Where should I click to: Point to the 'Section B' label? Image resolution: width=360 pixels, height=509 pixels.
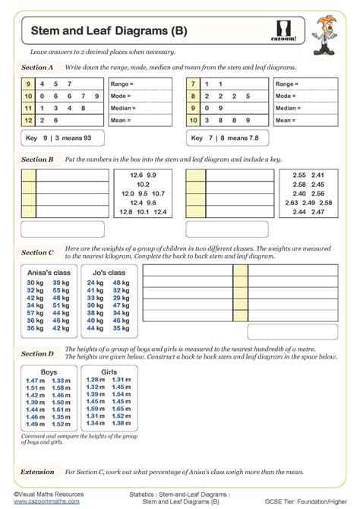coord(37,160)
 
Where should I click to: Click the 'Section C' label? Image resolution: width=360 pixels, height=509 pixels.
coord(37,252)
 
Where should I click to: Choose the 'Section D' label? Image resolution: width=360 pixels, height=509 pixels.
coord(37,353)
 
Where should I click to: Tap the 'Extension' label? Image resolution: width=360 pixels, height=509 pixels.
coord(37,471)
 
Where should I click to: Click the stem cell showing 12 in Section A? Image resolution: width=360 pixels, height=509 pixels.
coord(29,120)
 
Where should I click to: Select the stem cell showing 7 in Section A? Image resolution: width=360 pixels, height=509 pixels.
coord(194,84)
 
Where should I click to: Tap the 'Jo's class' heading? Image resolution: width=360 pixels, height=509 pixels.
coord(109,272)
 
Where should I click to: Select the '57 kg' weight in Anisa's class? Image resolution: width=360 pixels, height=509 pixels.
coord(34,311)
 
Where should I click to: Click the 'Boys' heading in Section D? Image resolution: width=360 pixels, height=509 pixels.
coord(49,371)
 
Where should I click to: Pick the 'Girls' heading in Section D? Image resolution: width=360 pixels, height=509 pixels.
coord(109,371)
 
